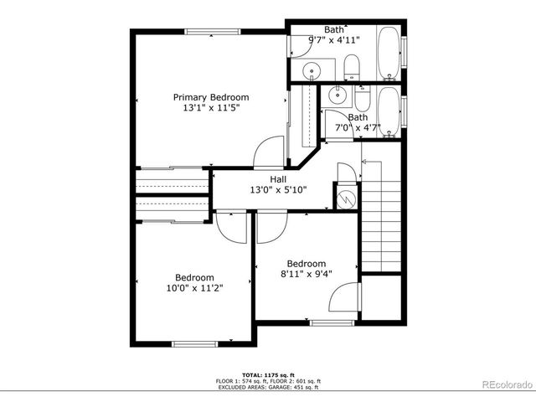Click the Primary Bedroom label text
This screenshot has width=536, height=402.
click(211, 97)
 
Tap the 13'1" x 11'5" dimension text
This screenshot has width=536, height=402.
click(211, 109)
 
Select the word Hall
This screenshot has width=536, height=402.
click(278, 179)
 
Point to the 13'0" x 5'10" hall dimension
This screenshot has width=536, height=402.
click(278, 190)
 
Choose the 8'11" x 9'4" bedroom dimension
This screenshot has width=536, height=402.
click(306, 273)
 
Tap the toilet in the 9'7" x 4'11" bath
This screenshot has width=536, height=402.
click(352, 66)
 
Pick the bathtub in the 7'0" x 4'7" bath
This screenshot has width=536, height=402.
click(388, 109)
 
